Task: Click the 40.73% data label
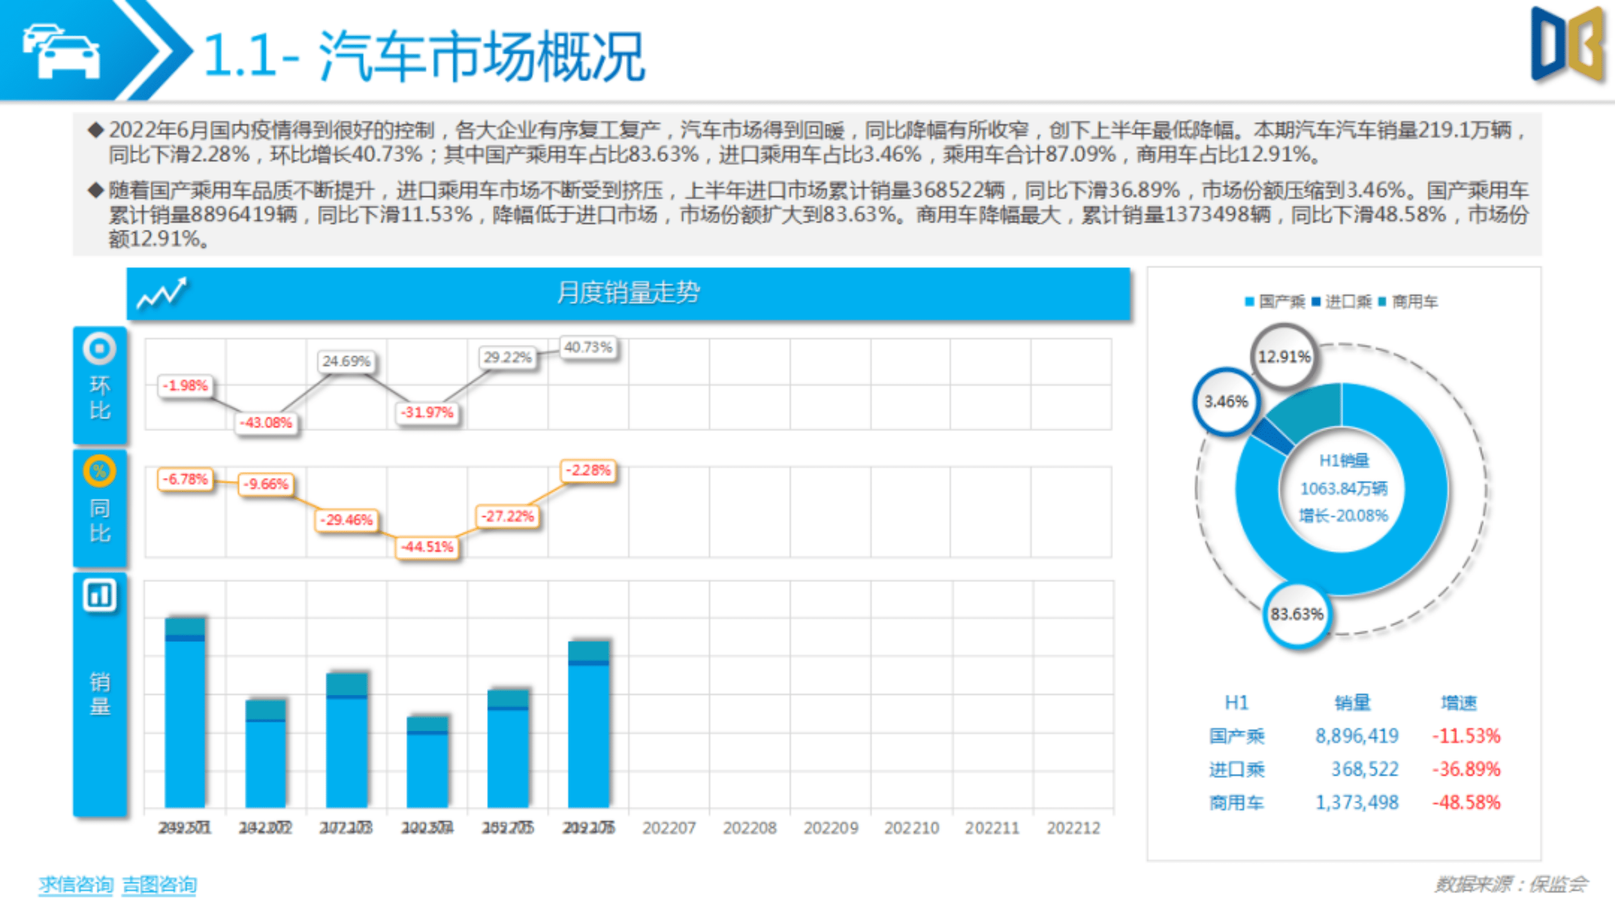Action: tap(587, 347)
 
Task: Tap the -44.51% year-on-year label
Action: tap(427, 547)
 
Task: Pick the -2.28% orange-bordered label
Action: tap(588, 470)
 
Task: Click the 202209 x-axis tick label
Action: tap(830, 828)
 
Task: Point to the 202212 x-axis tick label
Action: tap(1073, 828)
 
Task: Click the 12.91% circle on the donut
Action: tap(1283, 357)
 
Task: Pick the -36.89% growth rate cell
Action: tap(1466, 769)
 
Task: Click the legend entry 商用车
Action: tap(1414, 302)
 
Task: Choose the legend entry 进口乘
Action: tap(1347, 302)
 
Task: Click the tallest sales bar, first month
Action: tap(185, 714)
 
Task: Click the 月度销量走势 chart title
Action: tap(628, 293)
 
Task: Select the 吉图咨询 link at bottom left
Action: tap(159, 884)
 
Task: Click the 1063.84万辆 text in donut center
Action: tap(1343, 488)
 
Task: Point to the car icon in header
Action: tap(62, 52)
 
